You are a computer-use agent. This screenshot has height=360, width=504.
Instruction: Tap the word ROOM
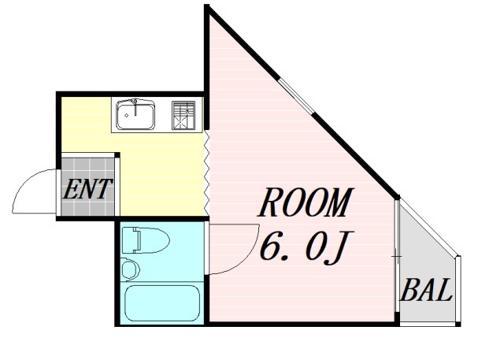tap(306, 202)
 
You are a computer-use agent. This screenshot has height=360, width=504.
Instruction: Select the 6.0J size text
tap(306, 247)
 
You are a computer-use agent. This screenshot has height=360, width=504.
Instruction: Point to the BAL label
tap(426, 290)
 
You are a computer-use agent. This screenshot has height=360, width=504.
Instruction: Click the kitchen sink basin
tap(135, 115)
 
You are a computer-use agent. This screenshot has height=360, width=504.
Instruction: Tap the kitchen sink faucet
tap(135, 107)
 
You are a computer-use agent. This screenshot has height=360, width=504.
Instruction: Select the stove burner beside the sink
tap(183, 115)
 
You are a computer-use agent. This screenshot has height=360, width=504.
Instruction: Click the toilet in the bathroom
tap(146, 240)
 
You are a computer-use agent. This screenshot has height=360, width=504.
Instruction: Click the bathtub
tap(162, 303)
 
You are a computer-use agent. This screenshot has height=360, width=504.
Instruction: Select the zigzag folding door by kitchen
tap(206, 173)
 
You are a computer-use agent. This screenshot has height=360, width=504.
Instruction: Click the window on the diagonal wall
tap(296, 96)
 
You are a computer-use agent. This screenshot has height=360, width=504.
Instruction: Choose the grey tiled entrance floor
tap(87, 187)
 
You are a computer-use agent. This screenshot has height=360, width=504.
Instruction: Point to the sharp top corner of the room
tap(206, 6)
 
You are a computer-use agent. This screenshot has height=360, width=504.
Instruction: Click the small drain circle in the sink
tap(127, 116)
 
